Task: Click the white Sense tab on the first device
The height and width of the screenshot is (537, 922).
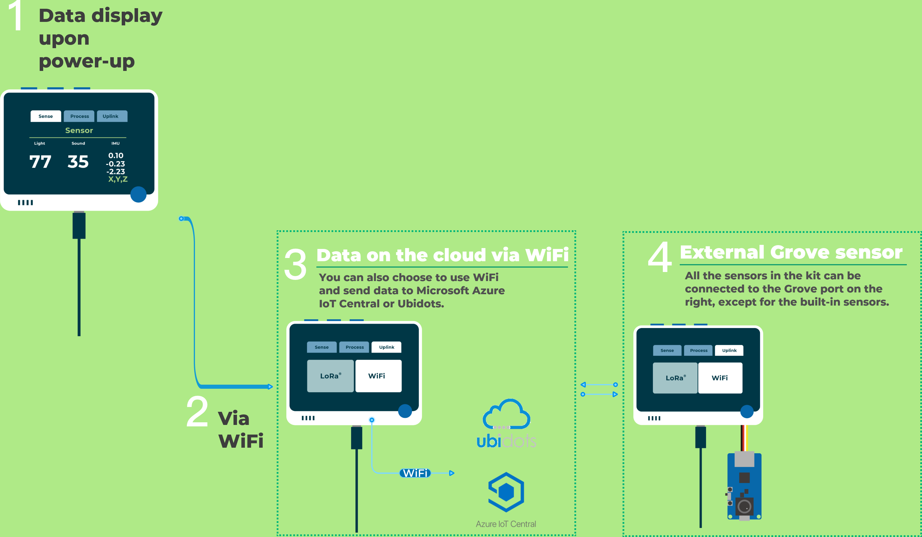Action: coord(46,116)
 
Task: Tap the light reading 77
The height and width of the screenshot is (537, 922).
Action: coord(40,162)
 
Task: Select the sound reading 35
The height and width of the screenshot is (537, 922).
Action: coord(78,162)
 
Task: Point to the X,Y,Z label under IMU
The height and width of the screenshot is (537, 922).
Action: coord(118,179)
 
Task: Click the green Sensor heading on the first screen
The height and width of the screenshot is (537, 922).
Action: coord(79,130)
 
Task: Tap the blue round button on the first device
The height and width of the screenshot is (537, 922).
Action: coord(138,194)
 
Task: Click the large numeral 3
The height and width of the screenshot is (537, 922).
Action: coord(295,264)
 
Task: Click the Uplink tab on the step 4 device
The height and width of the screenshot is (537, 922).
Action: coord(729,351)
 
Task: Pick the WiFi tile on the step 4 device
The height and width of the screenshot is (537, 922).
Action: coord(720,378)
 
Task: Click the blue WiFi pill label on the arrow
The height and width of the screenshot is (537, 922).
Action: coord(415,473)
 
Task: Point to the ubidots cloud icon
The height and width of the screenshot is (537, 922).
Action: coord(506,414)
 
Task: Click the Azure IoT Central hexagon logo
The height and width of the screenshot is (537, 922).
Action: coord(506,492)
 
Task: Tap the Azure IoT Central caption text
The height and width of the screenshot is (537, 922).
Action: coord(506,524)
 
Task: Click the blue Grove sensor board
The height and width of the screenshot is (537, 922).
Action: coord(744,486)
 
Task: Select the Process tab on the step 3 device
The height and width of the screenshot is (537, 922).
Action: coord(355,347)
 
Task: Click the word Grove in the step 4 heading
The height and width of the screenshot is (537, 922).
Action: coord(800,252)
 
